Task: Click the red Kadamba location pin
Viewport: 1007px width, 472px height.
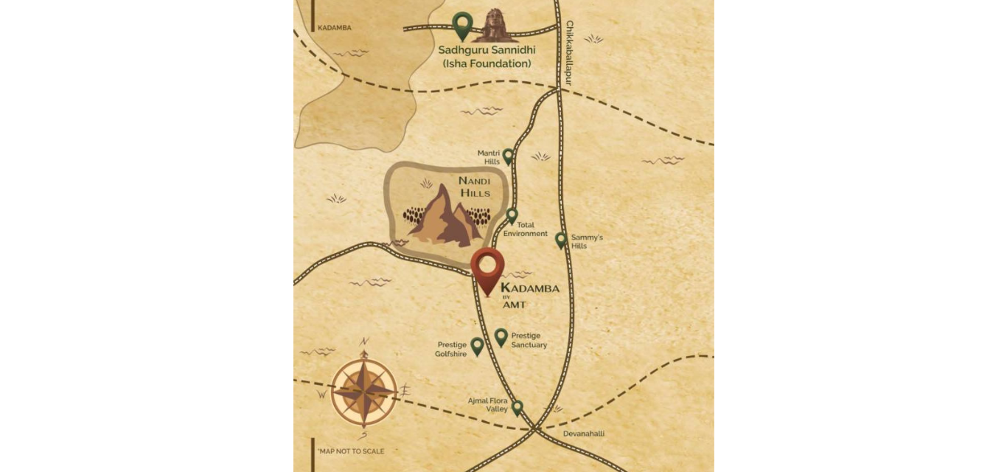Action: point(487,267)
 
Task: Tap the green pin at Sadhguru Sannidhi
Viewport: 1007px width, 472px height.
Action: point(462,24)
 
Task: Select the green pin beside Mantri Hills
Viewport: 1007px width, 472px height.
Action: point(508,156)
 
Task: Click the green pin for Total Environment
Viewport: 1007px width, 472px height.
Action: point(512,215)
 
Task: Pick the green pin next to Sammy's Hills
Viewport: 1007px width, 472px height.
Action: point(561,240)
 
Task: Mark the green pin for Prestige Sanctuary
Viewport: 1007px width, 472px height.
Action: point(501,337)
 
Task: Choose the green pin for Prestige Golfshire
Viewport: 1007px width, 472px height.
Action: point(477,345)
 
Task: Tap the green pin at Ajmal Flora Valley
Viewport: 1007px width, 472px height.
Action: point(518,407)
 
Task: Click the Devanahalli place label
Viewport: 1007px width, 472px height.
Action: point(584,434)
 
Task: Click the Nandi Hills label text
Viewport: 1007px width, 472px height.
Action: point(475,187)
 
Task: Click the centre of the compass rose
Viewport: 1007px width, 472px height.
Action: point(364,391)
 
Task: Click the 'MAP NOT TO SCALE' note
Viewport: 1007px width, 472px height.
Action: point(351,451)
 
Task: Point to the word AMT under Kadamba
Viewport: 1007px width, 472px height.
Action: point(515,305)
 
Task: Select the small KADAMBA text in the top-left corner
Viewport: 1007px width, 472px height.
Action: point(334,28)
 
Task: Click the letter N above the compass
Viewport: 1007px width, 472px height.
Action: point(364,341)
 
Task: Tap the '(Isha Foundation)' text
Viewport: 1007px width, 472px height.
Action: point(487,64)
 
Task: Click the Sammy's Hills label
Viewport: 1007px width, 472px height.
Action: point(587,241)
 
